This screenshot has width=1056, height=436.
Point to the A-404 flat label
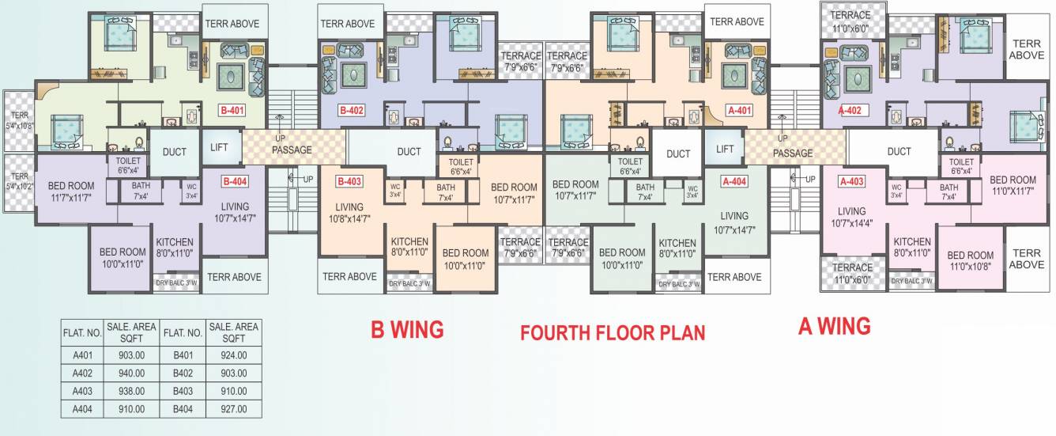(734, 181)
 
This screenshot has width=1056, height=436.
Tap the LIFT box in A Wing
(725, 149)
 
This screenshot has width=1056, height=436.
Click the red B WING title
(407, 328)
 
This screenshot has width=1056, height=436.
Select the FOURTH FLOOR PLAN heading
(612, 332)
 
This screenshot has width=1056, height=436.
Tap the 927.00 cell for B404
(233, 409)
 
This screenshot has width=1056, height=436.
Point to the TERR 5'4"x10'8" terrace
(19, 119)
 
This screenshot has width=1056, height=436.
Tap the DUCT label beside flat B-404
(175, 152)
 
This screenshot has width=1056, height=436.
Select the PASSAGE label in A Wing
(792, 153)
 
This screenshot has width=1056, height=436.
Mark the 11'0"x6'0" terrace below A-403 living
(851, 273)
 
